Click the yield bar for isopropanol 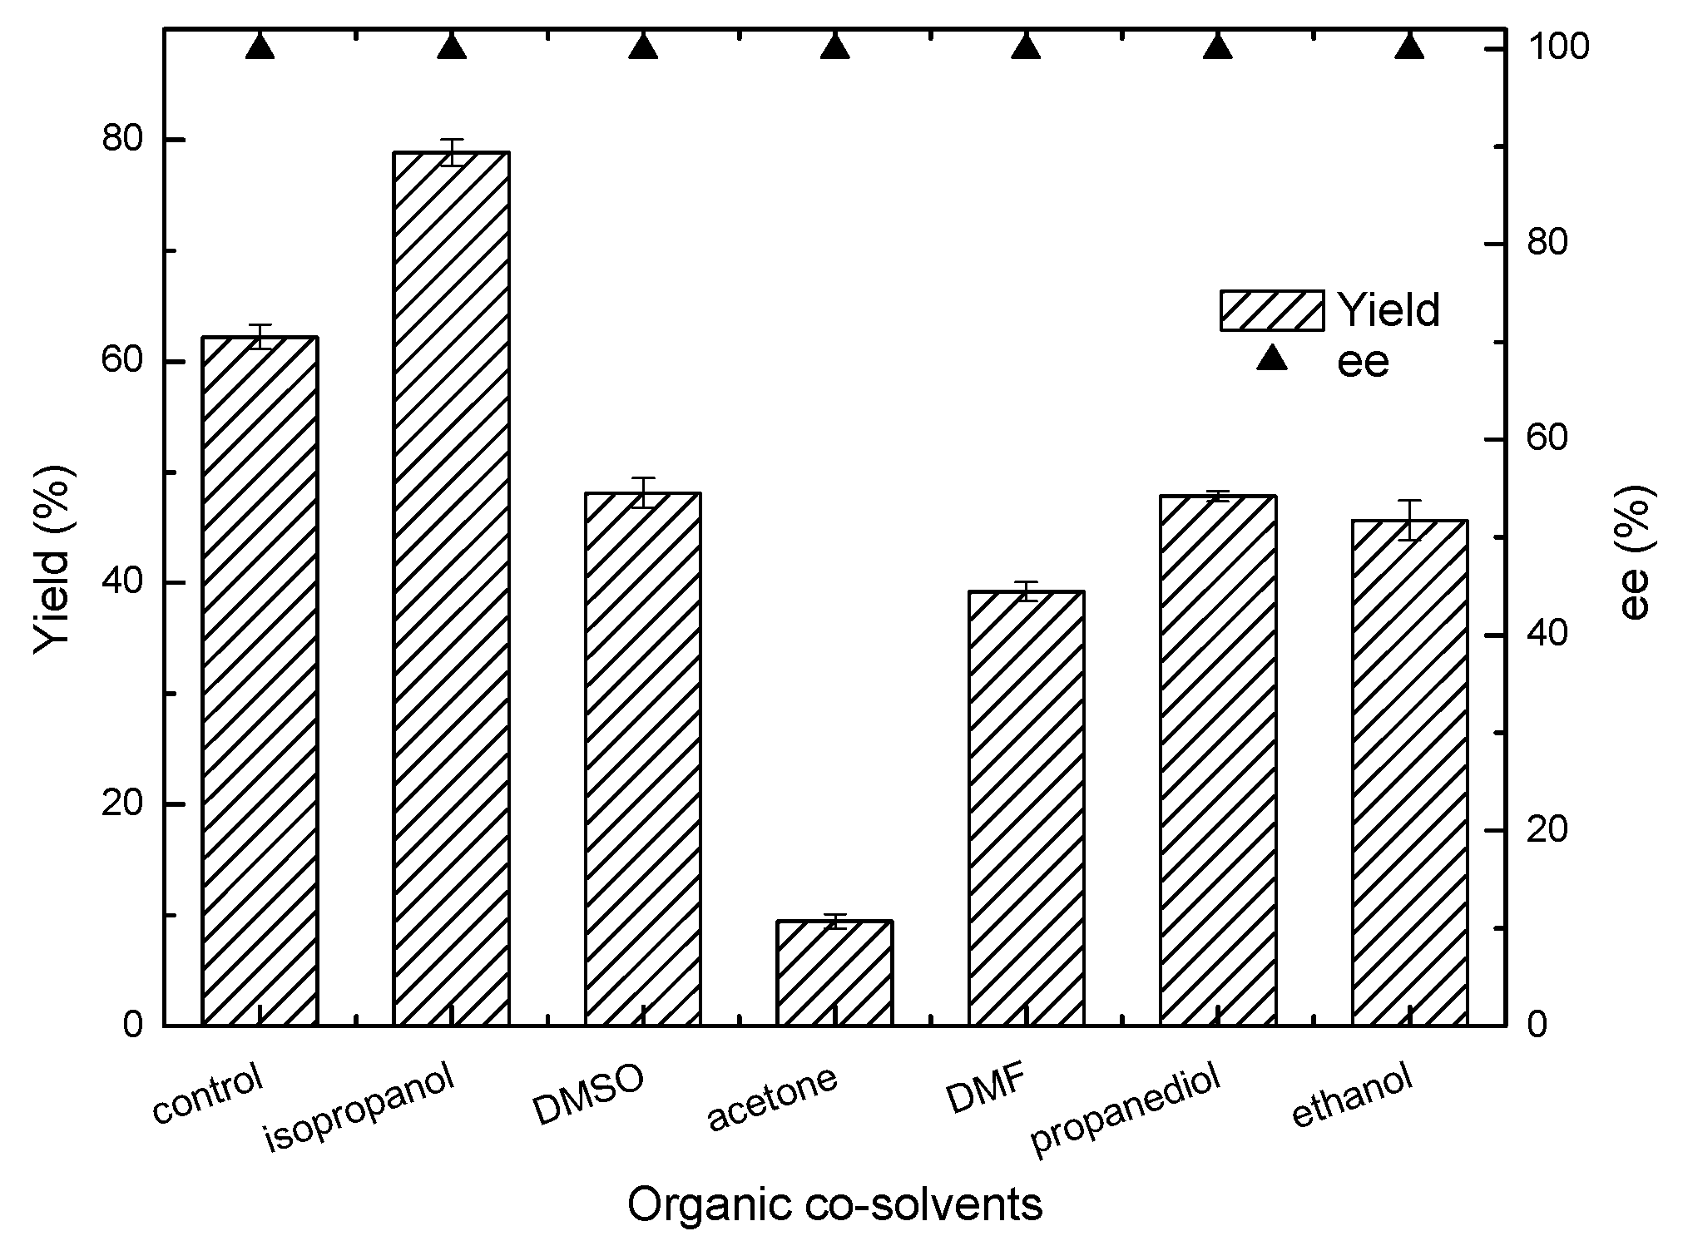(x=451, y=588)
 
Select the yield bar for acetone (x=834, y=972)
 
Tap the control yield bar (x=260, y=680)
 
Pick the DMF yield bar (x=1026, y=808)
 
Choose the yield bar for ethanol (x=1409, y=772)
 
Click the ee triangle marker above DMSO (x=643, y=47)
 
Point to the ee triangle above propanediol (x=1218, y=47)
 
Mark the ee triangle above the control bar (x=260, y=47)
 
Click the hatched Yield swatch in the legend (x=1271, y=310)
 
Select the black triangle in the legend (x=1271, y=358)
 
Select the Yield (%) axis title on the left (x=54, y=559)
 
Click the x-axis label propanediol (x=1125, y=1111)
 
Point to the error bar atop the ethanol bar (x=1409, y=520)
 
